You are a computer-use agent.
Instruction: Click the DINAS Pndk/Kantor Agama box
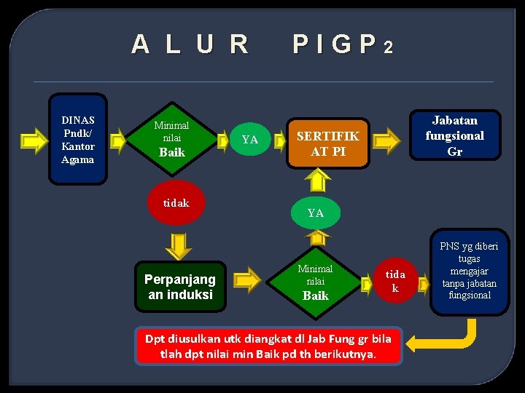[x=78, y=139]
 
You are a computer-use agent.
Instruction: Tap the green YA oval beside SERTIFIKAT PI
[x=249, y=139]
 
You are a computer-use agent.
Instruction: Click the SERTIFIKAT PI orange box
[x=327, y=143]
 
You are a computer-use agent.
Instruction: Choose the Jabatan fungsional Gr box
[x=454, y=135]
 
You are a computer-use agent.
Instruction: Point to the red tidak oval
[x=176, y=203]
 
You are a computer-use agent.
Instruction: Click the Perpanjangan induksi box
[x=179, y=287]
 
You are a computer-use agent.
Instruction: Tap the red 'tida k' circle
[x=394, y=281]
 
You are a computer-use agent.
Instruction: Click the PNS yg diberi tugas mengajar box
[x=470, y=271]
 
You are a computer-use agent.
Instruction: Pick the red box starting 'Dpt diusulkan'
[x=268, y=346]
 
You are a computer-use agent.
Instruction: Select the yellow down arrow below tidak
[x=179, y=246]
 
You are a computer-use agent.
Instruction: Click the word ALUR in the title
[x=190, y=45]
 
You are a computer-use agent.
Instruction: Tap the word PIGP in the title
[x=335, y=45]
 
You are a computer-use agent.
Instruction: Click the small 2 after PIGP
[x=389, y=49]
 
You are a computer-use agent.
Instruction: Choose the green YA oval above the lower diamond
[x=315, y=213]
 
